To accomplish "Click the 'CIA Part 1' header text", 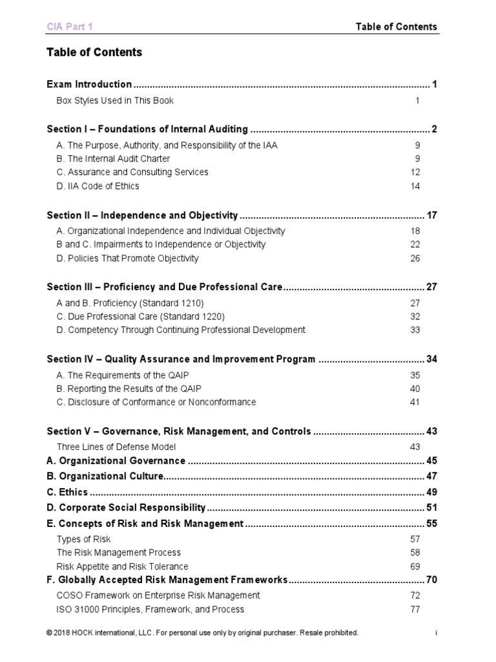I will pos(74,27).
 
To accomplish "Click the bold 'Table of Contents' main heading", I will pos(94,52).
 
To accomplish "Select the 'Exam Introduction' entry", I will pos(90,85).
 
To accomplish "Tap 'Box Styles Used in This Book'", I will pos(115,101).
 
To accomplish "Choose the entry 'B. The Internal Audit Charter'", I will pos(114,158).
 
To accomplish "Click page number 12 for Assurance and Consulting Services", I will pos(415,173).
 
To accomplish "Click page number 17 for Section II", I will pos(432,215).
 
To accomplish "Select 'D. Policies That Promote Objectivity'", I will pos(128,259).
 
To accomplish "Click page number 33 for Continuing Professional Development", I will pos(415,330).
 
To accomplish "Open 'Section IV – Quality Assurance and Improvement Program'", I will pos(181,359).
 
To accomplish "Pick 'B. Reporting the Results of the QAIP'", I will pos(129,388).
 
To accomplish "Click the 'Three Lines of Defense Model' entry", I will pos(116,447).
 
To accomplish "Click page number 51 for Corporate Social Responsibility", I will pos(432,508).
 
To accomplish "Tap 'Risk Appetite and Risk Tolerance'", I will pos(123,567).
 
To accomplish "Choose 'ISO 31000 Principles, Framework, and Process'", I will pos(150,610).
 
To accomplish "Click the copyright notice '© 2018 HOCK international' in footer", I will pos(202,633).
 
